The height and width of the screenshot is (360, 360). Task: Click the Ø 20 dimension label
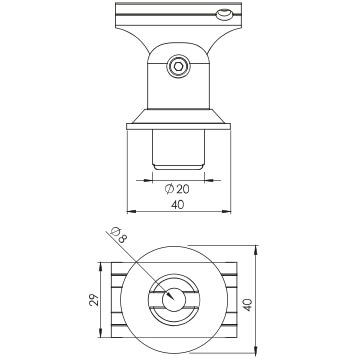point(177,189)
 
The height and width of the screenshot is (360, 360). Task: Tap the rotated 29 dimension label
point(95,300)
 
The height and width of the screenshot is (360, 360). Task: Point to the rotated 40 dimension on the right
point(248,305)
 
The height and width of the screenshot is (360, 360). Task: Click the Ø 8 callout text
point(119,235)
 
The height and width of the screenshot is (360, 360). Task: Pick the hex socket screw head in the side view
point(178,66)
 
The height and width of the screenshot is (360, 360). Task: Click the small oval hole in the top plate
point(223,14)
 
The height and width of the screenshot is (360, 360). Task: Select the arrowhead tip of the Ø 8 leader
point(174,300)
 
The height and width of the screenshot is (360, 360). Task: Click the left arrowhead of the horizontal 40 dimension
point(128,211)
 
